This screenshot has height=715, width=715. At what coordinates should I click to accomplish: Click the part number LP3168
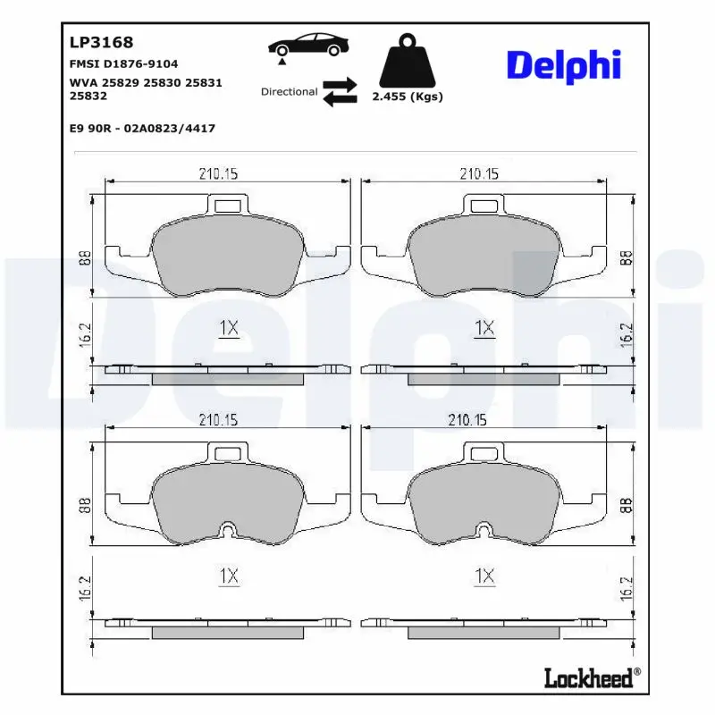(101, 42)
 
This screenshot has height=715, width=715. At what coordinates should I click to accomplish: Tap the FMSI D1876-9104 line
(123, 64)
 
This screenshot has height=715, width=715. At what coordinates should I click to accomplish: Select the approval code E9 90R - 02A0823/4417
(142, 128)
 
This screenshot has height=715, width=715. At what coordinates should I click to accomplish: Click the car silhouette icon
(309, 46)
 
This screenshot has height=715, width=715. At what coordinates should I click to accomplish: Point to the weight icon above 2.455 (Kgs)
(408, 62)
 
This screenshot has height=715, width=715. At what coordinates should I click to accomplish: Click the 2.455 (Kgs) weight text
(408, 97)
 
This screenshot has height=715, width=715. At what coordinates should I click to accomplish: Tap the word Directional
(289, 92)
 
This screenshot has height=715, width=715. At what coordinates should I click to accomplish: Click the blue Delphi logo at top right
(563, 66)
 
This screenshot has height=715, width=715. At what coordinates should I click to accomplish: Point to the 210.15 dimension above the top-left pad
(217, 174)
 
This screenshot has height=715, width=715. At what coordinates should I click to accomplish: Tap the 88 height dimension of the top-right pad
(626, 258)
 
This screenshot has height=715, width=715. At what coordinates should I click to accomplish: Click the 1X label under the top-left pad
(229, 328)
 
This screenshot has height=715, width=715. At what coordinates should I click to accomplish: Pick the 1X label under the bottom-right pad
(484, 576)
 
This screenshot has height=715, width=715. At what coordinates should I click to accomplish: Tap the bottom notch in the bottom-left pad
(229, 533)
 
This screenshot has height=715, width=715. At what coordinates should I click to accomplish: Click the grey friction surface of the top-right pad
(484, 255)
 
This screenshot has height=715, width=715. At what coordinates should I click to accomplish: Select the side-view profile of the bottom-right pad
(484, 627)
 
